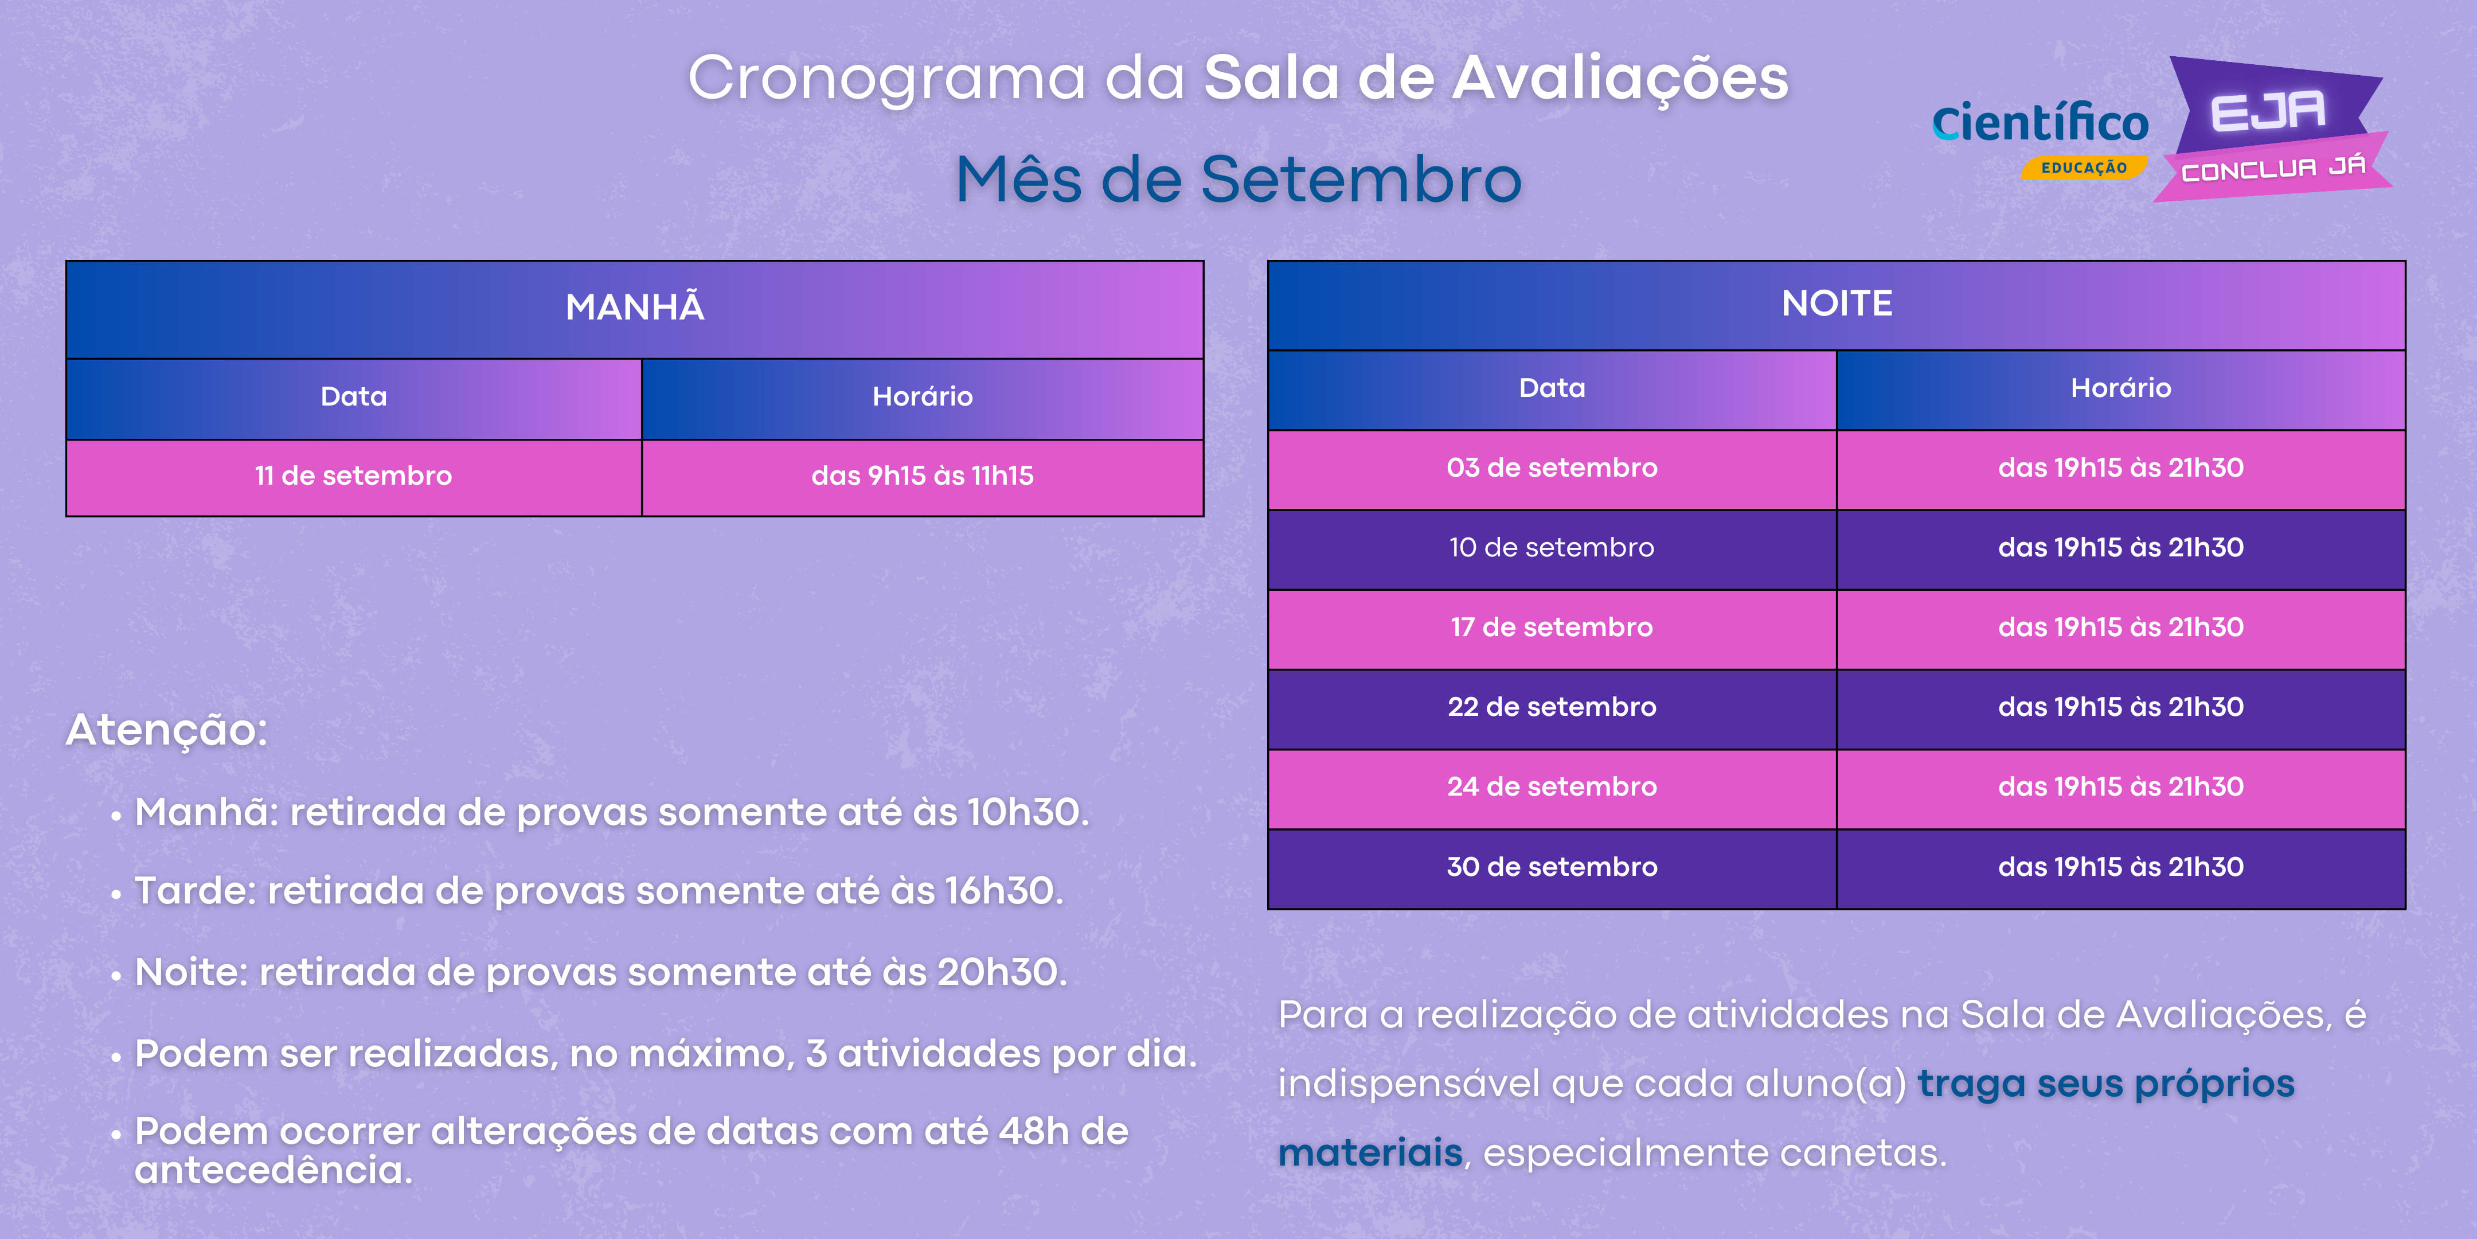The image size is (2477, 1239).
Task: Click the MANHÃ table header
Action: coord(635,309)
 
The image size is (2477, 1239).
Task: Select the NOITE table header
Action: coord(1837,305)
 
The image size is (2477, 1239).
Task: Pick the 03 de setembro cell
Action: coord(1552,469)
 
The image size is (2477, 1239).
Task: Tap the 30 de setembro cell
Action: coord(1552,868)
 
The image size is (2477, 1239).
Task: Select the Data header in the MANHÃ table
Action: coord(354,398)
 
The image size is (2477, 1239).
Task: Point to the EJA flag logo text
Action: coord(2267,112)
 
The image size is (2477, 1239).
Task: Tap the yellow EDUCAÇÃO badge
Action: coord(2084,167)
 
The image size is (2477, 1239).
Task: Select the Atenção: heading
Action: coord(166,730)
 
